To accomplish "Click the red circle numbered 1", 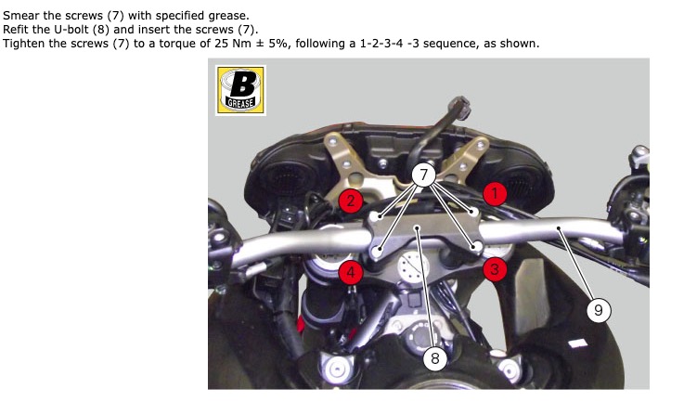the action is [495, 193].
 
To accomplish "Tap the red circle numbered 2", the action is [351, 201].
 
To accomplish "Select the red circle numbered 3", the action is [495, 269].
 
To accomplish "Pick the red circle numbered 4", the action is [351, 273].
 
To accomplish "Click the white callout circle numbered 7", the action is [423, 175].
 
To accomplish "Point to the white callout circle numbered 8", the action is [435, 358].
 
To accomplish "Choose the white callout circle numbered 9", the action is [599, 310].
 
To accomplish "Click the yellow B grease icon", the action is [240, 90].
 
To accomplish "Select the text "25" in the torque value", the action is [221, 44].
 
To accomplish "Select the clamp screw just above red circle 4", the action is [377, 251].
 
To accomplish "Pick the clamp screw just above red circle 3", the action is [477, 248].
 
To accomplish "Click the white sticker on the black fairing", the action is [578, 344].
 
